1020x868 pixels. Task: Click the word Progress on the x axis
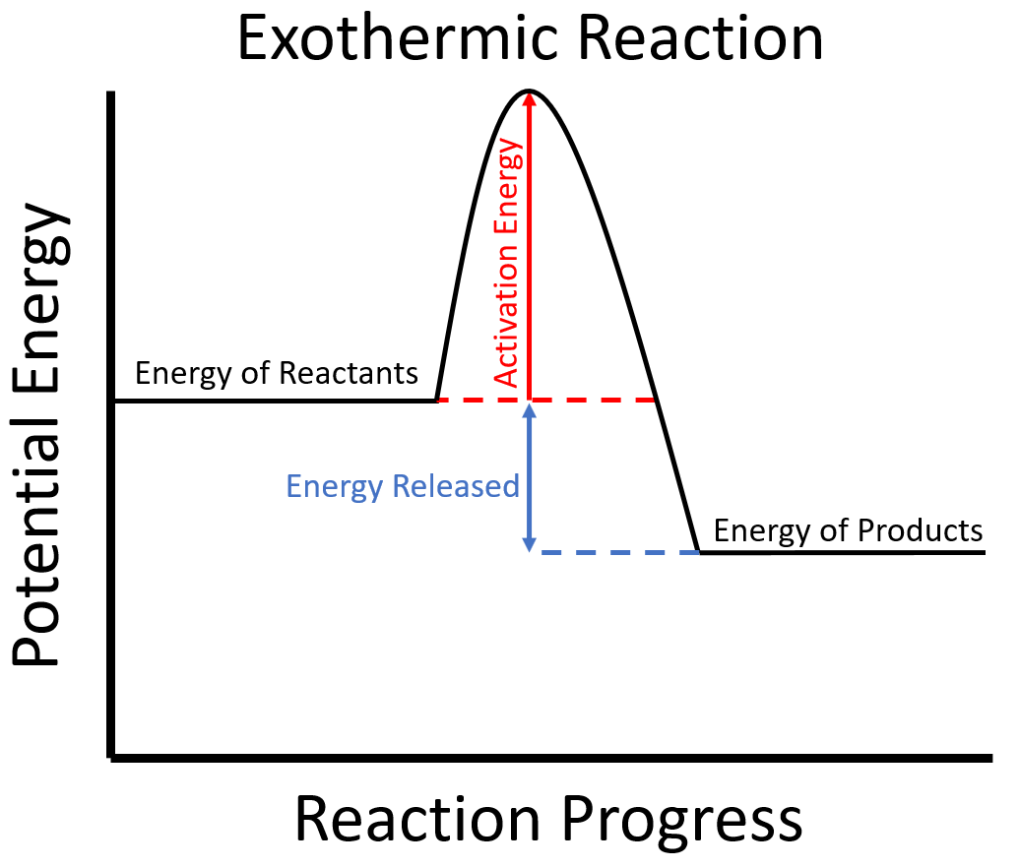681,821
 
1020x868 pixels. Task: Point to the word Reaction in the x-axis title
417,819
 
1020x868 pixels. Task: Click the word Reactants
348,373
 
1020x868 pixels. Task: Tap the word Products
920,530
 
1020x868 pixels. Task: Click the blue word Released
456,486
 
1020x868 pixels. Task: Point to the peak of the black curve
529,91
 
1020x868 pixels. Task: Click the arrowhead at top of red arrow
529,96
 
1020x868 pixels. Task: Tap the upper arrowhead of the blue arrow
530,410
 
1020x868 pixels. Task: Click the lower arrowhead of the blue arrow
530,545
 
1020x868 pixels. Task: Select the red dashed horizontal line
546,400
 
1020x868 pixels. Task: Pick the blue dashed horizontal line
620,552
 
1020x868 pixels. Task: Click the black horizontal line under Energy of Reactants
276,401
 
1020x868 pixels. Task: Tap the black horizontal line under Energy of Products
843,553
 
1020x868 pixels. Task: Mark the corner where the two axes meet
111,758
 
